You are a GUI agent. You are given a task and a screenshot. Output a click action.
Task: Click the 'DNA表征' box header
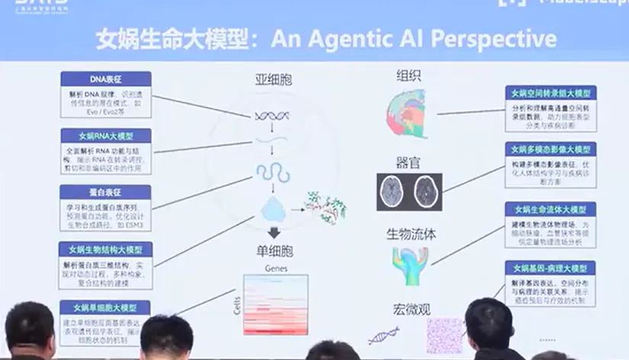105,79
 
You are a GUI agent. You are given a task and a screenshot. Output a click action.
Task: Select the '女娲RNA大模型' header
105,136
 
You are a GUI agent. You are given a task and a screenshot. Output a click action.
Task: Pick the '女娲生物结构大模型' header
105,249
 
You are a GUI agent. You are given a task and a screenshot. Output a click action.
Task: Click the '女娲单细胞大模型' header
105,307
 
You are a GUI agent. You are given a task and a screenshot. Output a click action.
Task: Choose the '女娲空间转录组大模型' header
550,92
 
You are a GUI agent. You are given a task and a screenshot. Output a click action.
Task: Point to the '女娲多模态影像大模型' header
550,149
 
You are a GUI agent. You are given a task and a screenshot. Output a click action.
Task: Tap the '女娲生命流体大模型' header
550,209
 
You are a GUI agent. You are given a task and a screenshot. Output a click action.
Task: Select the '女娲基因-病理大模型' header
550,268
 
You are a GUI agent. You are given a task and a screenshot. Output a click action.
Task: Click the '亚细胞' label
274,79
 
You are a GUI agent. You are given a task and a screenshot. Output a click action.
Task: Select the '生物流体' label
411,233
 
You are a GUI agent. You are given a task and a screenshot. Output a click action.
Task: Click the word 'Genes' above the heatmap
274,268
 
